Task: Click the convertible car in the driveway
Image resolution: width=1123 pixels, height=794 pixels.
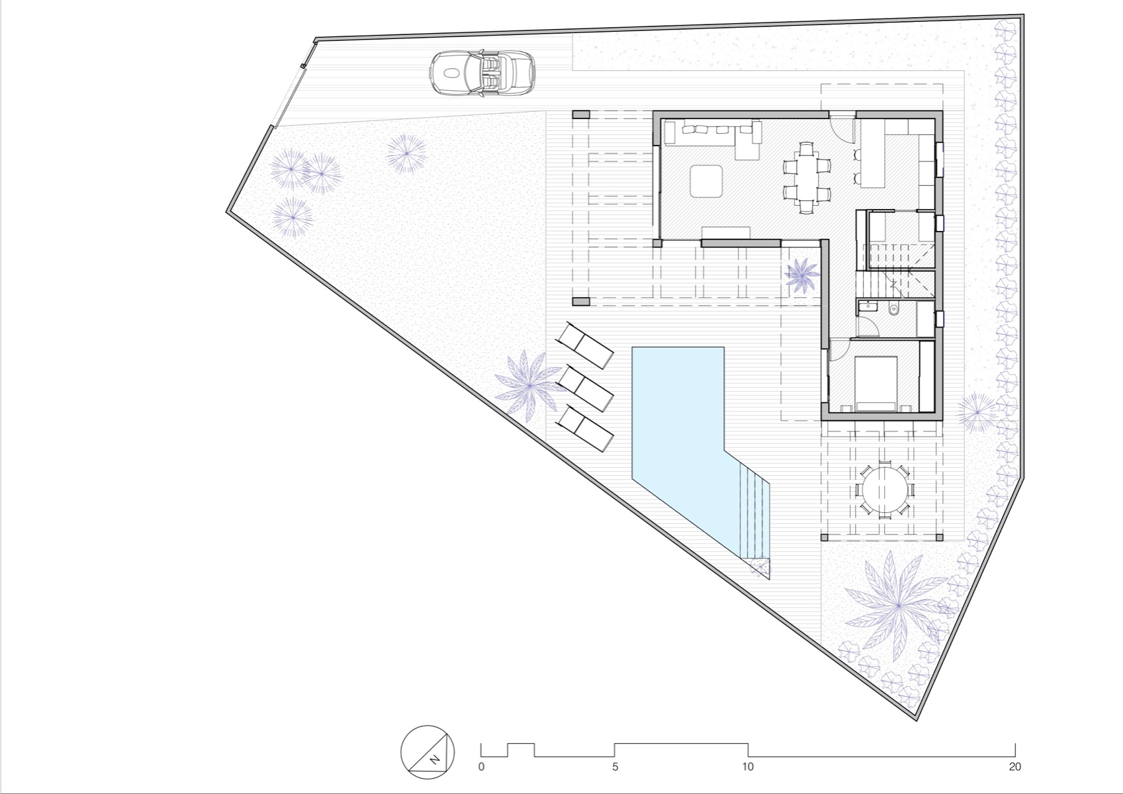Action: (482, 72)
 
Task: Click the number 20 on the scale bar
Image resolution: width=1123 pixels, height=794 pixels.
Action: (1015, 768)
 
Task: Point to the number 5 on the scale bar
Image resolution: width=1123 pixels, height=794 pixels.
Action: (615, 768)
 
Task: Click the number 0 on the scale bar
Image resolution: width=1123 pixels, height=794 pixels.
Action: (481, 768)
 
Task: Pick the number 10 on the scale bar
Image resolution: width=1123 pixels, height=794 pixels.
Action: (748, 768)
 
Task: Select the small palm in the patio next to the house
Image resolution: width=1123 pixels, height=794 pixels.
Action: (802, 273)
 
